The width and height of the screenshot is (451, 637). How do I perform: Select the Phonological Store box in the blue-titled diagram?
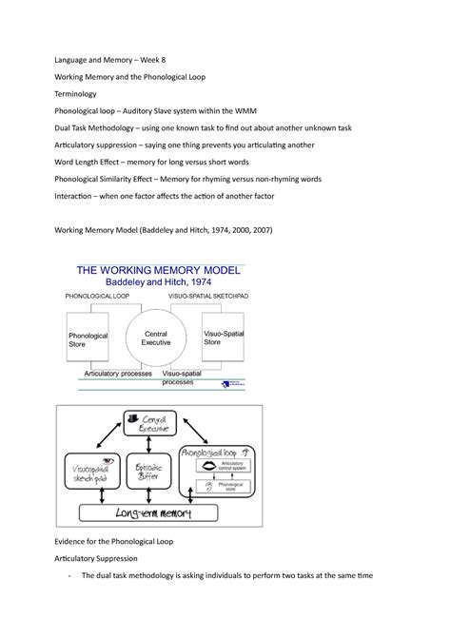(x=88, y=340)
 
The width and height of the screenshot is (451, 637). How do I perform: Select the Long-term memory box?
(x=157, y=514)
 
